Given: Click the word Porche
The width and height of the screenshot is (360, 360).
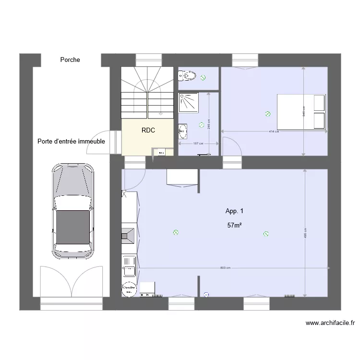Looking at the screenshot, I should pyautogui.click(x=70, y=60).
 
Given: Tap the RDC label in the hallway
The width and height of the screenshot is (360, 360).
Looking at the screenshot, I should pyautogui.click(x=148, y=130).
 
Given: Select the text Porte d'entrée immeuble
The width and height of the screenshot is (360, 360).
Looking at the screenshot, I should pyautogui.click(x=72, y=142).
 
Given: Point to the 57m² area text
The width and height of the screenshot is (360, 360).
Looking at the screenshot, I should pyautogui.click(x=234, y=225).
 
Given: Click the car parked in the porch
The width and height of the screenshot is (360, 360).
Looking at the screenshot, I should pyautogui.click(x=73, y=209).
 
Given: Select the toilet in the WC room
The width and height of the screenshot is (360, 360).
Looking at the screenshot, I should pyautogui.click(x=187, y=76).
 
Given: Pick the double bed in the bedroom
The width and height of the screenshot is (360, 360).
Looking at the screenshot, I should pyautogui.click(x=301, y=112).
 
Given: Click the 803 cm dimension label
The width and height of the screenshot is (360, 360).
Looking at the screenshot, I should pyautogui.click(x=225, y=268).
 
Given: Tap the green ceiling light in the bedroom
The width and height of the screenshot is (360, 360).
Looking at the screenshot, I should pyautogui.click(x=267, y=114).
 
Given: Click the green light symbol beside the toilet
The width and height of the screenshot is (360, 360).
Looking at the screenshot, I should pyautogui.click(x=203, y=77).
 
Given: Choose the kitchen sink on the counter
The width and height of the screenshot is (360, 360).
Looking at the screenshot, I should pyautogui.click(x=129, y=266).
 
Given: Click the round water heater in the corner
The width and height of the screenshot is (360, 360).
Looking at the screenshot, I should pyautogui.click(x=128, y=289).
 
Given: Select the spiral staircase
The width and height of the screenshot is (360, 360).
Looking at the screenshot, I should pyautogui.click(x=146, y=91).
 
